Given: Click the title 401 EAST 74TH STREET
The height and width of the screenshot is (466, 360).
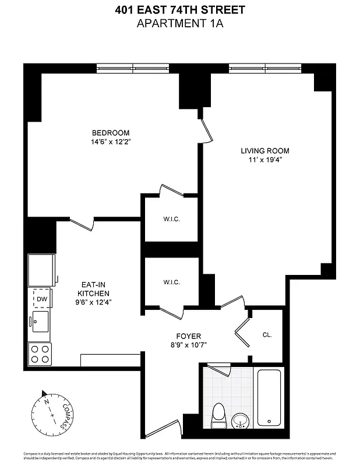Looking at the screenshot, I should pyautogui.click(x=179, y=10).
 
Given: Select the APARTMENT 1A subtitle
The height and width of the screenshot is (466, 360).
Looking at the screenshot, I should pyautogui.click(x=179, y=23).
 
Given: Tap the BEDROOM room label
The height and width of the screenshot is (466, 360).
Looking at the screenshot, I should pyautogui.click(x=110, y=133).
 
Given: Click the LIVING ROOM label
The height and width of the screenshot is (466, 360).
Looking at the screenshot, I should pyautogui.click(x=265, y=151).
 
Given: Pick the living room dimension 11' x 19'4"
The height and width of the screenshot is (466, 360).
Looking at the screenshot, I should pyautogui.click(x=265, y=160).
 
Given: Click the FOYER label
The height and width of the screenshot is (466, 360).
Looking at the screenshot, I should pyautogui.click(x=188, y=336).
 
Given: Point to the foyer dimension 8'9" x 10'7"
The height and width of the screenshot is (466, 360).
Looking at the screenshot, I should pyautogui.click(x=188, y=345).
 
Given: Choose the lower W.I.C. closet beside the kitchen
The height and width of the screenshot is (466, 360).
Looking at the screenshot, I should pyautogui.click(x=171, y=282).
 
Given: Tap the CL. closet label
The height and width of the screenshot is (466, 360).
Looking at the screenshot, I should pyautogui.click(x=267, y=335).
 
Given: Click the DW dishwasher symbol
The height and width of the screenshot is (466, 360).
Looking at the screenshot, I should pyautogui.click(x=41, y=299).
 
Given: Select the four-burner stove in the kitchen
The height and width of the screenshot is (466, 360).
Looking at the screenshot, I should pyautogui.click(x=40, y=354).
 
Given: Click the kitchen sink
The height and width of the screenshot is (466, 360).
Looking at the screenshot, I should pyautogui.click(x=40, y=321).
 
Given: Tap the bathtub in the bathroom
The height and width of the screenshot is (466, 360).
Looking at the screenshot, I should pyautogui.click(x=269, y=397).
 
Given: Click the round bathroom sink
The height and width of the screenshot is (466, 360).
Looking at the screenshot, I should pyautogui.click(x=239, y=421).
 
